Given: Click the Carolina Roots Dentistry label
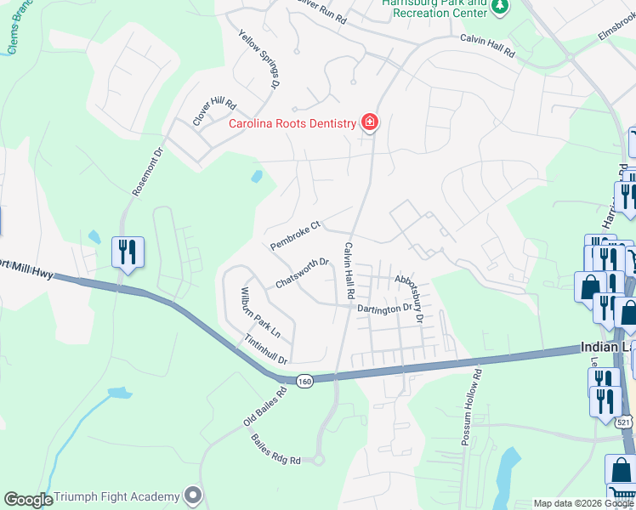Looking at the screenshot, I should click(x=292, y=123).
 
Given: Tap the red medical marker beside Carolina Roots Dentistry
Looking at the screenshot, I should click(x=370, y=123).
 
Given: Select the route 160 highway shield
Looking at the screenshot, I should click(x=305, y=382).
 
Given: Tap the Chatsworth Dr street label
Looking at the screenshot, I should click(x=302, y=273).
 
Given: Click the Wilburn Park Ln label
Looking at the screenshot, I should click(x=260, y=316).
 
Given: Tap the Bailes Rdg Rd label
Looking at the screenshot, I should click(x=275, y=449).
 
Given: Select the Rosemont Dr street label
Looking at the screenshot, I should click(x=147, y=173).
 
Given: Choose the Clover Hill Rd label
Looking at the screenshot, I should click(x=213, y=112).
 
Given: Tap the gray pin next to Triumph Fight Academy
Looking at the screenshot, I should click(x=193, y=496).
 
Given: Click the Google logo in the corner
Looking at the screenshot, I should click(x=28, y=500).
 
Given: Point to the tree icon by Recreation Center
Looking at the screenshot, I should click(x=501, y=7).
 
